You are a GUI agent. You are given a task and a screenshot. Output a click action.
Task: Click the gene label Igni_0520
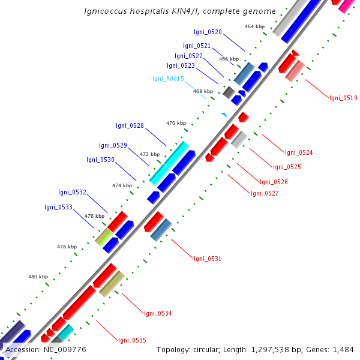click(208, 32)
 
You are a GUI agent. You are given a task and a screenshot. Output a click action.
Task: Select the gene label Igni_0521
click(197, 46)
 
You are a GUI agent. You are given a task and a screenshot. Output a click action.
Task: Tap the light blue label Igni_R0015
click(168, 79)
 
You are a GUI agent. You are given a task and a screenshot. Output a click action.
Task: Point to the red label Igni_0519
click(343, 98)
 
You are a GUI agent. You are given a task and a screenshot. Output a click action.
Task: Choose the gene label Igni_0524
click(299, 152)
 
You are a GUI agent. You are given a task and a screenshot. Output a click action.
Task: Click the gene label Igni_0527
click(265, 193)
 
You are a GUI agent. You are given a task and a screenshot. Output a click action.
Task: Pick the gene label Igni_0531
click(207, 259)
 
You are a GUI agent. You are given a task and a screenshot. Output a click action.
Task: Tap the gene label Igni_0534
click(158, 313)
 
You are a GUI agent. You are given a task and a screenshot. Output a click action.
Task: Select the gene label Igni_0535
click(132, 340)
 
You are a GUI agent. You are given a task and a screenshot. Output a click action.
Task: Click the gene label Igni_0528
click(130, 125)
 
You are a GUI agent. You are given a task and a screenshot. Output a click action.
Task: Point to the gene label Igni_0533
click(58, 207)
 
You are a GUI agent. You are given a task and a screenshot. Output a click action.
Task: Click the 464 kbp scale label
click(254, 26)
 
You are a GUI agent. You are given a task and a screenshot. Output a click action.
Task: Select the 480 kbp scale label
click(38, 277)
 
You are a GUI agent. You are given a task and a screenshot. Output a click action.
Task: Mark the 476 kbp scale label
click(94, 216)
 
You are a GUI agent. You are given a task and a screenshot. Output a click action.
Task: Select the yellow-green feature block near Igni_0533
click(104, 236)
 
